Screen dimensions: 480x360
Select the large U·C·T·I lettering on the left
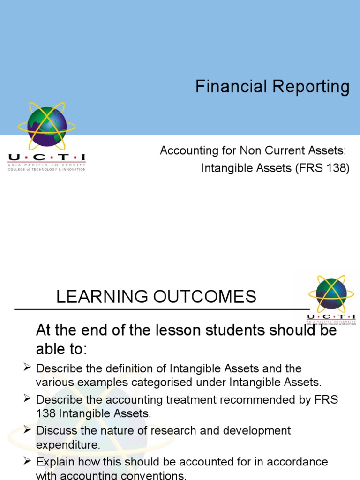pos(47,158)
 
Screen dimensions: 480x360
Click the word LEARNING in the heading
pos(98,296)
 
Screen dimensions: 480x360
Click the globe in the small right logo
pos(331,294)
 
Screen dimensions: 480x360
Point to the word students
pos(242,330)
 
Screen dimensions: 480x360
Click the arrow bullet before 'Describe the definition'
pos(27,368)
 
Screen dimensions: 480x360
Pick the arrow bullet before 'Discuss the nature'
pos(27,430)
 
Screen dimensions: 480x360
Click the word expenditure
pos(68,444)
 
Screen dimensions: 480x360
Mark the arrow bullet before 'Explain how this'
pos(27,462)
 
